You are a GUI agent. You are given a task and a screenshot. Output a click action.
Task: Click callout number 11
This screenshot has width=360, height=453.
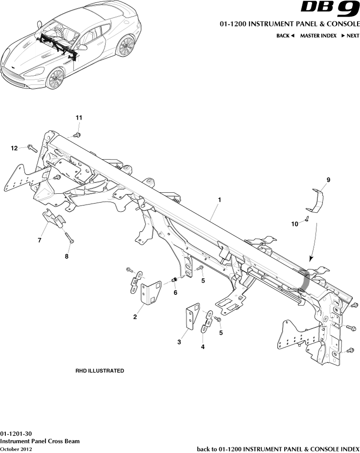pos(79,118)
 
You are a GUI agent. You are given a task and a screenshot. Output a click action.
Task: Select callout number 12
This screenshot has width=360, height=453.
pos(15,147)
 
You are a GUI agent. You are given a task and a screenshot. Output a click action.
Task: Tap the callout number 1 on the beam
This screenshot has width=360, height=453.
pos(220,200)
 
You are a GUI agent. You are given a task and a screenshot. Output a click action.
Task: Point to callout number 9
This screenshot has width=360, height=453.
pos(328,180)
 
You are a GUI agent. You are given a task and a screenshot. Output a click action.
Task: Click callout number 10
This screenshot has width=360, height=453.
pos(295,224)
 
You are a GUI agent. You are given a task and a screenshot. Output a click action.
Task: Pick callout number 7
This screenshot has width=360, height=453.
pos(40,240)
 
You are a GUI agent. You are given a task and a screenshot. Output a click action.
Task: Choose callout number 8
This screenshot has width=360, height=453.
pos(67,256)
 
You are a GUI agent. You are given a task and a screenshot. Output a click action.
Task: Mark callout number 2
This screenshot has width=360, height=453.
pos(134,317)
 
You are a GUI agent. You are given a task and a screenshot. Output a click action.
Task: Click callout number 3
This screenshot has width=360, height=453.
pos(179,343)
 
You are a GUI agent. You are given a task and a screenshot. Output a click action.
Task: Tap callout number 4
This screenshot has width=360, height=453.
pos(203,347)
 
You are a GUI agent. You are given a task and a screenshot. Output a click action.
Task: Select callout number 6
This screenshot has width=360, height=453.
pos(175,293)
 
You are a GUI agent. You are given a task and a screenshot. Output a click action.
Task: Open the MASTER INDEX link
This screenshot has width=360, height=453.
pos(318,36)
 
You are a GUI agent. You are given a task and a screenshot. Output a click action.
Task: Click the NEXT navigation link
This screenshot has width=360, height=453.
pos(350,36)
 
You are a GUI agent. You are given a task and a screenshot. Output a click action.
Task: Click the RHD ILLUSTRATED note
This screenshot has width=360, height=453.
pos(99,371)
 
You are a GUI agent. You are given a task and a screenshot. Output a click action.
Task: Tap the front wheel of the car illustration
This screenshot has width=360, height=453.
pos(55,79)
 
